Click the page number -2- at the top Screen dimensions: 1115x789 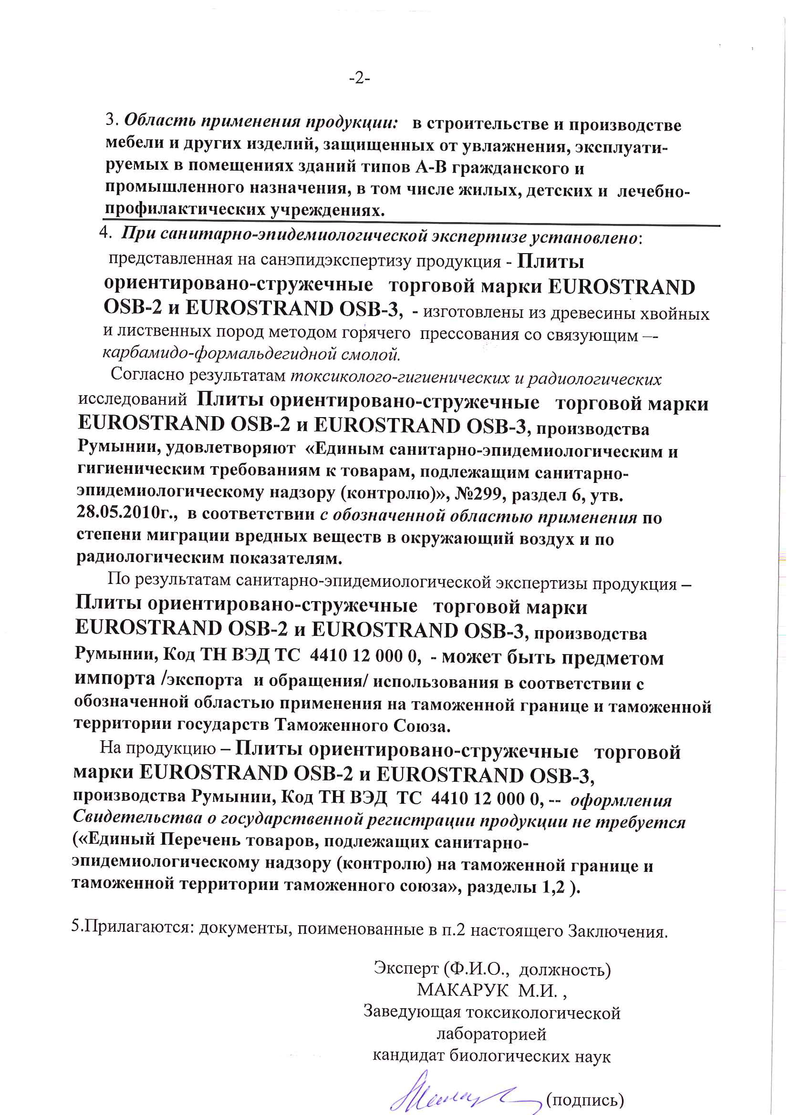click(360, 78)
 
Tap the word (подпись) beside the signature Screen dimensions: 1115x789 click(585, 1099)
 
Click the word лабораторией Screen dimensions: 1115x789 click(492, 1034)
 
